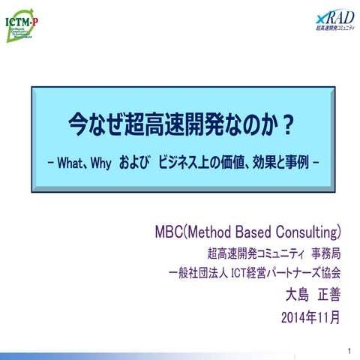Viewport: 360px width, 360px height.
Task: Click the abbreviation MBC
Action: (x=169, y=228)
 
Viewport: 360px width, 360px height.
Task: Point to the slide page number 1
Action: (x=350, y=351)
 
